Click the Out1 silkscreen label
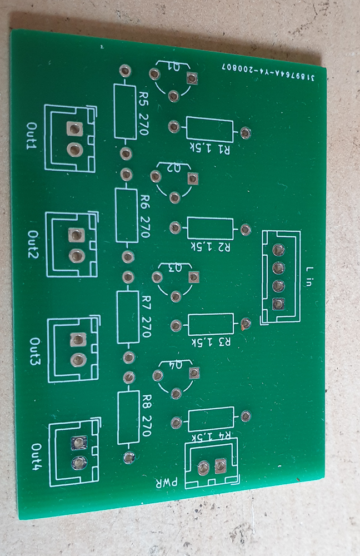click(x=33, y=136)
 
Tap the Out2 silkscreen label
click(x=34, y=244)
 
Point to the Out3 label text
click(x=36, y=351)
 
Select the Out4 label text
click(x=37, y=457)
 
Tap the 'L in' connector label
click(x=309, y=276)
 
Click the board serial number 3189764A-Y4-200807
click(x=268, y=72)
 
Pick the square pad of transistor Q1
click(x=192, y=78)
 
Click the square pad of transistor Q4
click(x=194, y=373)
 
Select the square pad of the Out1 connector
click(x=75, y=129)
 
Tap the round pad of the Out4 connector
click(x=79, y=463)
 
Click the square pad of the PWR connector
click(x=221, y=465)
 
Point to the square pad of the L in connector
click(x=278, y=304)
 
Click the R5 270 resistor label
click(x=143, y=113)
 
